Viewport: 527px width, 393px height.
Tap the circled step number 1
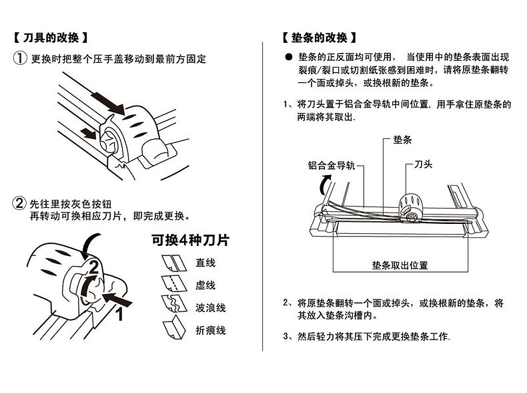(x=20, y=59)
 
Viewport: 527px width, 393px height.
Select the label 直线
(x=205, y=263)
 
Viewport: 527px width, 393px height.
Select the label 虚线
(x=205, y=285)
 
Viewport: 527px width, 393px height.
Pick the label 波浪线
(x=210, y=308)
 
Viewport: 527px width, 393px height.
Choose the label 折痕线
(x=210, y=330)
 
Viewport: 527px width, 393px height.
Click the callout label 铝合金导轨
(x=332, y=164)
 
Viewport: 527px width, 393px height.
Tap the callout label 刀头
(x=423, y=164)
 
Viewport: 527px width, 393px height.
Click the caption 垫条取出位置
(x=400, y=265)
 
